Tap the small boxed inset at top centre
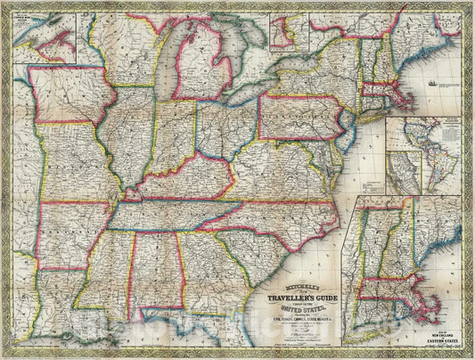coord(286,32)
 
